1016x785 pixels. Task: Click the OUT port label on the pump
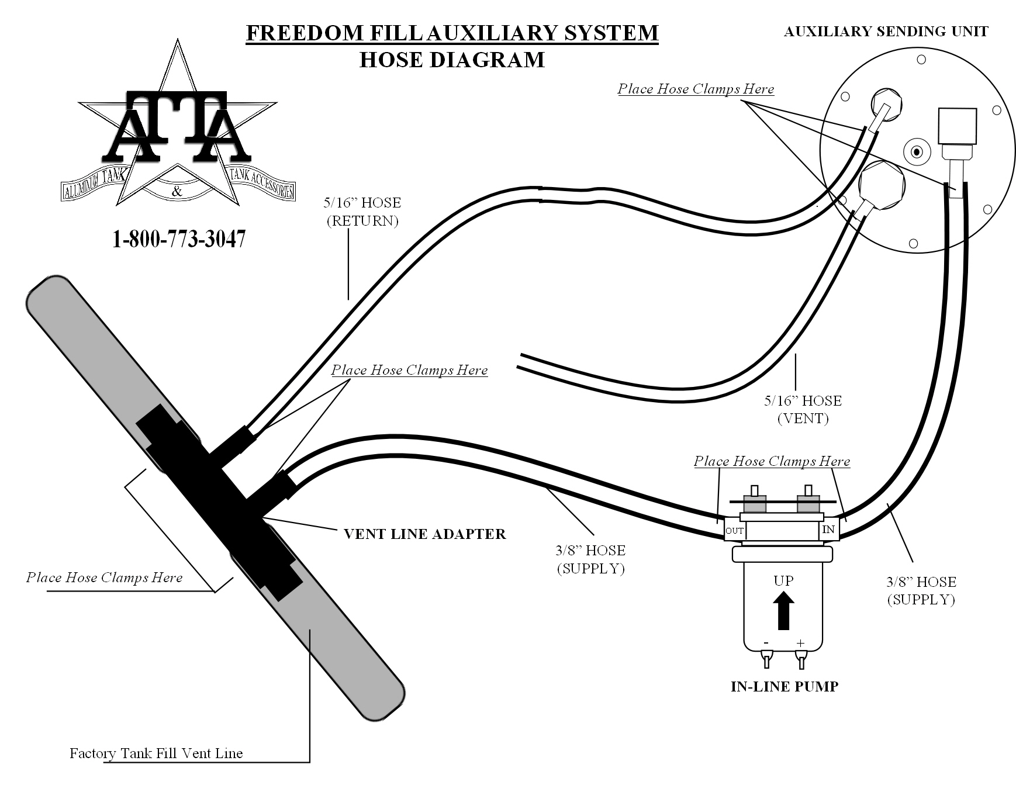734,531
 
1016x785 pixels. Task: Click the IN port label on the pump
828,530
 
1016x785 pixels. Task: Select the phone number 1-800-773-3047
179,239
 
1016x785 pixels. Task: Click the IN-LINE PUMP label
785,686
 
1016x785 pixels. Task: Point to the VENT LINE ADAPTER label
424,534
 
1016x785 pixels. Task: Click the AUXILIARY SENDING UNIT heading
886,32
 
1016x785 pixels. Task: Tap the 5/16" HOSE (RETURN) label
362,212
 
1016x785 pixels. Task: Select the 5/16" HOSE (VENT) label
803,409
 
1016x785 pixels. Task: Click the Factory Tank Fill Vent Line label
156,753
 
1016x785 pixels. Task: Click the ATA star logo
177,129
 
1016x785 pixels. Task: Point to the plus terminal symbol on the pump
800,643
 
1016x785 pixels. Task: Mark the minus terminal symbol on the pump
766,643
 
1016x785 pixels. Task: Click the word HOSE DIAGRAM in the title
452,60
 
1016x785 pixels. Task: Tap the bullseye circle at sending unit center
917,153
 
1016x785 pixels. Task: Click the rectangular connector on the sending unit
956,126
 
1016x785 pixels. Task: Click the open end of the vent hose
520,361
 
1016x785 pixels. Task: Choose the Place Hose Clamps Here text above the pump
772,461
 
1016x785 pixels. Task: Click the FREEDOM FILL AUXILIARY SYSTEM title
452,33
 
